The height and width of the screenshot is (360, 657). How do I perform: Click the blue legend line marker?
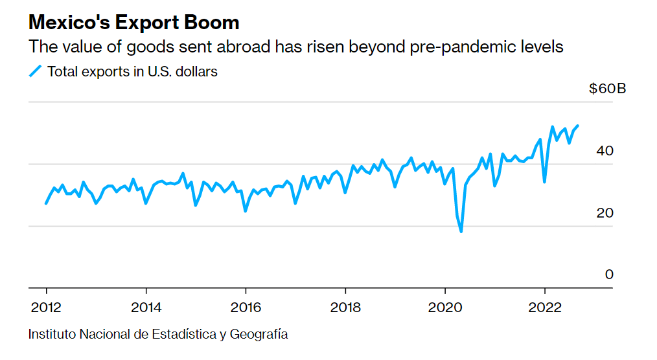[35, 71]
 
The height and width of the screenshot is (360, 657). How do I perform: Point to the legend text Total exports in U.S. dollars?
[132, 71]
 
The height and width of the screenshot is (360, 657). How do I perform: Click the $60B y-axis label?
[607, 89]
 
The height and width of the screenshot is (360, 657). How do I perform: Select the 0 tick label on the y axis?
[609, 275]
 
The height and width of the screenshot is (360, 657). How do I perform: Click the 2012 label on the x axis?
[47, 306]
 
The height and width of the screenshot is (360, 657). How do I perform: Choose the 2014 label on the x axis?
[146, 306]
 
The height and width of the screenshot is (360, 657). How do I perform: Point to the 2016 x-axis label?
[246, 306]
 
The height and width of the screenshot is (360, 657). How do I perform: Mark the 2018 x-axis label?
[345, 306]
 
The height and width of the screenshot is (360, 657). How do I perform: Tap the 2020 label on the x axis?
[445, 306]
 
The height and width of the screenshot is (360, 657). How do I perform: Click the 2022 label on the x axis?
[544, 306]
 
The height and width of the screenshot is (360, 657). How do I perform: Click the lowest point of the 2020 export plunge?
[461, 231]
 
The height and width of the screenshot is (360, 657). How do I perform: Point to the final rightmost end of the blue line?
[578, 126]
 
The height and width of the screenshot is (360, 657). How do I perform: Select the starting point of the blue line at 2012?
[46, 203]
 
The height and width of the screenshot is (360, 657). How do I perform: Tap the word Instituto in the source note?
[51, 335]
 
